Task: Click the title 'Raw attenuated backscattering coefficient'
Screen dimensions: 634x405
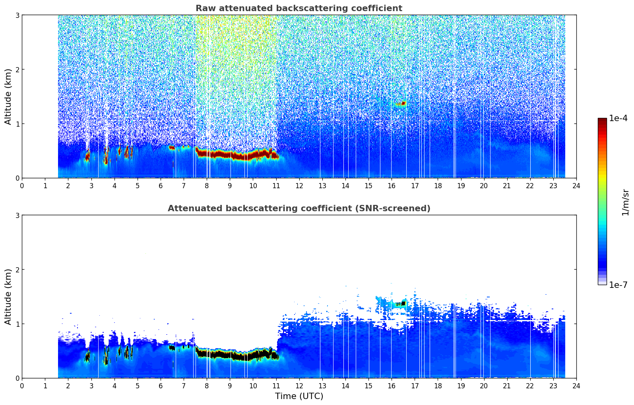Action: [299, 8]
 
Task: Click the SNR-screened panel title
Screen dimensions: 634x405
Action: [299, 208]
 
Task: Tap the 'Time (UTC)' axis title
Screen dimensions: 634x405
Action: [299, 396]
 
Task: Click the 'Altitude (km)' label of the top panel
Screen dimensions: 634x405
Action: [8, 97]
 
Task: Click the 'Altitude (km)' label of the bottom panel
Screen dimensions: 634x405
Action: [8, 297]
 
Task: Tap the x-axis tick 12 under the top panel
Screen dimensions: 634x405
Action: [299, 186]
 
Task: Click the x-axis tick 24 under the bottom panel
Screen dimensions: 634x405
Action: [576, 386]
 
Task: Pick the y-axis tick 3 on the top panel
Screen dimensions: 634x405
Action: [17, 15]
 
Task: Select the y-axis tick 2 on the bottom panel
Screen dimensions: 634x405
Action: [17, 270]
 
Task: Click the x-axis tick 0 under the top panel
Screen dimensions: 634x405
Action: [22, 186]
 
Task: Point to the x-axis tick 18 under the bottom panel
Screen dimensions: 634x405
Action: [438, 386]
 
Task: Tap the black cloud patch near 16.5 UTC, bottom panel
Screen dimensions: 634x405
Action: [401, 304]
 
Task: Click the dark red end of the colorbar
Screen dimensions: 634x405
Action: [602, 120]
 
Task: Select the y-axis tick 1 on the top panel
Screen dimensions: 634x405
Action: [17, 124]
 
